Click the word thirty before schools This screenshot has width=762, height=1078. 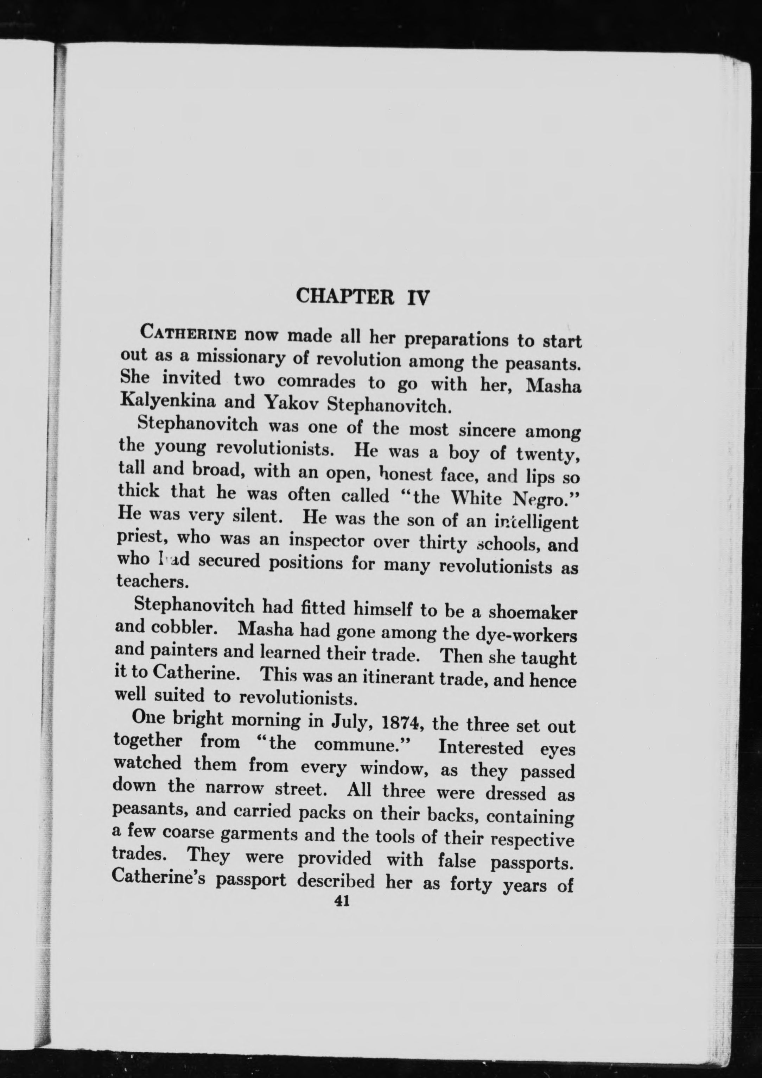point(443,543)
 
